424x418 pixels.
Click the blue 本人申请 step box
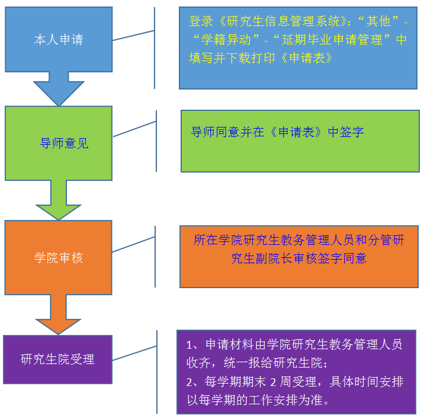[x=58, y=40]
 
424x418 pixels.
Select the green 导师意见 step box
[x=58, y=143]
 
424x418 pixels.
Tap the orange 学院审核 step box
[x=58, y=257]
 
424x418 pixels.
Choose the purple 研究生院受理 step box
[x=57, y=359]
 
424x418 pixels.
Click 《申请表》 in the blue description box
[x=307, y=58]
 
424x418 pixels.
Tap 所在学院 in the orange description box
[x=211, y=240]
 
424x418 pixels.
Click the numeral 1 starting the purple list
[x=189, y=345]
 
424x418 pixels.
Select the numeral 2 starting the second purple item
[x=189, y=381]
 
